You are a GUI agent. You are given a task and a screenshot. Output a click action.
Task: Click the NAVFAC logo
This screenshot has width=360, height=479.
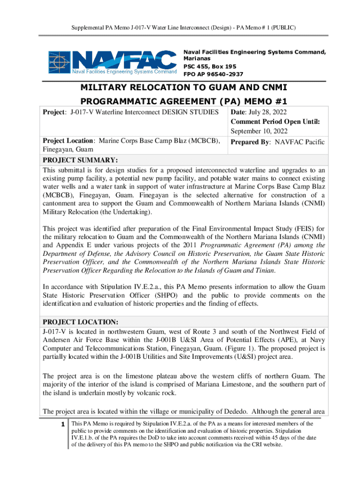tap(111, 63)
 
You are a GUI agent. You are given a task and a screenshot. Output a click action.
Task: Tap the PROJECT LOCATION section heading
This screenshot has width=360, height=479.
tap(80, 322)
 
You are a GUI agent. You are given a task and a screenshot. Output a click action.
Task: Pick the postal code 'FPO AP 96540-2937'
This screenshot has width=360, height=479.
tap(213, 74)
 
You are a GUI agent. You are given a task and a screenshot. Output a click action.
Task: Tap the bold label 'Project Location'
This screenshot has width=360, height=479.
tap(69, 140)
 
